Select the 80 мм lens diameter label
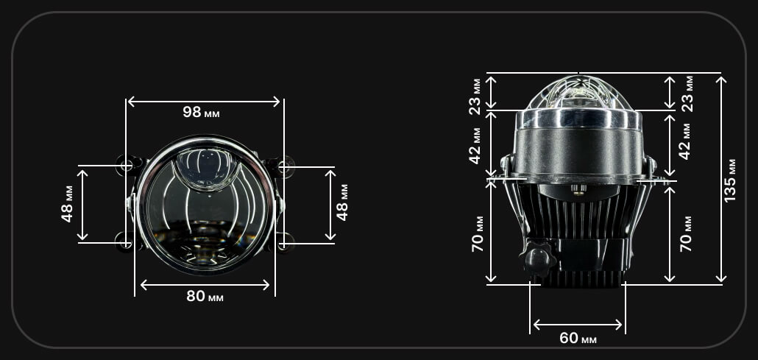[x=205, y=296]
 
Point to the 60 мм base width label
[x=578, y=338]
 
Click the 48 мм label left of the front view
[x=67, y=204]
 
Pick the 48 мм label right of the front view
[x=342, y=202]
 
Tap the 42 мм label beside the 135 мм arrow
[x=686, y=141]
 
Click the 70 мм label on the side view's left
[x=478, y=233]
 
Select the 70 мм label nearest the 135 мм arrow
[x=685, y=233]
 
